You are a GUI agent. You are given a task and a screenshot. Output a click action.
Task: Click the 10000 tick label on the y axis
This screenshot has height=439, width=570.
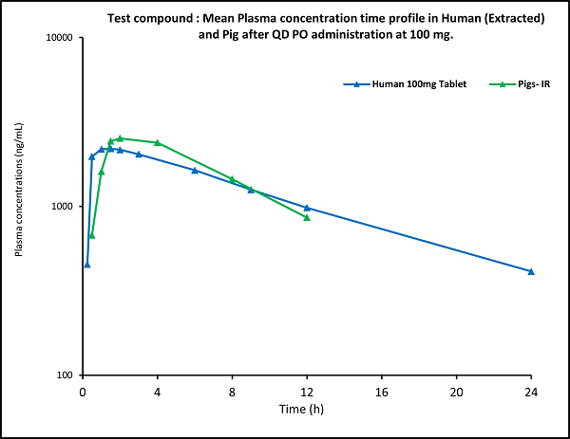click(x=64, y=38)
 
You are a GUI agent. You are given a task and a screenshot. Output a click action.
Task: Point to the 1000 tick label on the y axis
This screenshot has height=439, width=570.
click(x=66, y=207)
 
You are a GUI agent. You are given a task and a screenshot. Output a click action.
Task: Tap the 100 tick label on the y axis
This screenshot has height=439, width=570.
click(x=68, y=375)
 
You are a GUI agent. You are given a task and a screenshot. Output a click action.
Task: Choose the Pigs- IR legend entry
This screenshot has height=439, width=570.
click(x=526, y=84)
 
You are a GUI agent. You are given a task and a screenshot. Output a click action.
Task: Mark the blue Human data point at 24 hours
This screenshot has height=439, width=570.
click(x=531, y=271)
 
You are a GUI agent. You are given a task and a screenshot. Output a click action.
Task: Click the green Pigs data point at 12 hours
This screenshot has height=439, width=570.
click(x=307, y=218)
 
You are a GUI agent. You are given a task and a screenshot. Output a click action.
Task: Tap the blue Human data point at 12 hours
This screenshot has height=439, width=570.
click(x=307, y=207)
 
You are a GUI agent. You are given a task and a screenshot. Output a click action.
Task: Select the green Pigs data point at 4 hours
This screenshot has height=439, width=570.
click(x=158, y=142)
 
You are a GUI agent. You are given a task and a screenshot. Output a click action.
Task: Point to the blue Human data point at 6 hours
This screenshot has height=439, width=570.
click(x=195, y=170)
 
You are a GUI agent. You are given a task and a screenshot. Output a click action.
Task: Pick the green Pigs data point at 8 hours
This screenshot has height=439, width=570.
click(x=232, y=179)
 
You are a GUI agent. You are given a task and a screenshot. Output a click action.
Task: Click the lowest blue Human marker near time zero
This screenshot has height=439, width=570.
click(x=87, y=265)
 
